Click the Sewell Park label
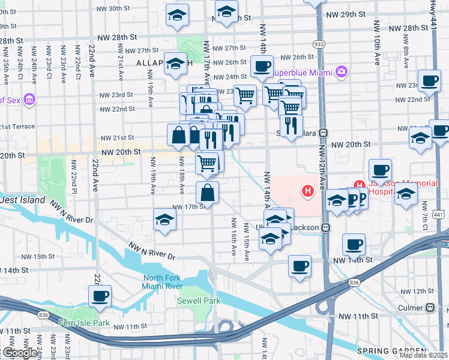[198, 301]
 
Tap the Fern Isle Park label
[84, 323]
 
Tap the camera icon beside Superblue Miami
[342, 72]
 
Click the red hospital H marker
[308, 191]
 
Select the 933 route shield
[319, 44]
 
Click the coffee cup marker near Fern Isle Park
[100, 295]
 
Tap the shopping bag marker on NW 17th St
[207, 192]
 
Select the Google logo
[19, 353]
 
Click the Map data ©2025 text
[424, 355]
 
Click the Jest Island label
[23, 200]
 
